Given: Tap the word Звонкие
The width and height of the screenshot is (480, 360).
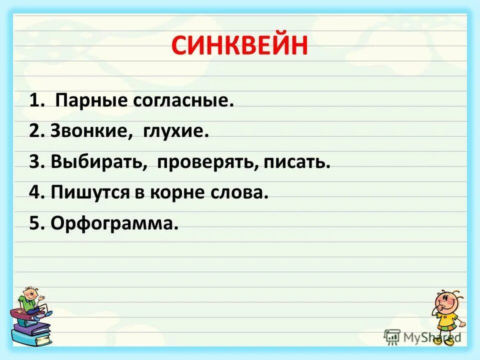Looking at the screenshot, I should pyautogui.click(x=87, y=132).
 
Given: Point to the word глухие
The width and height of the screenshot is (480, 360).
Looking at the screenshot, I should pyautogui.click(x=175, y=132).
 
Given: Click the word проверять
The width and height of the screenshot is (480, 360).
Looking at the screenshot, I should pyautogui.click(x=206, y=163).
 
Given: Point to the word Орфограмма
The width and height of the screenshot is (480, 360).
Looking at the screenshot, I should pyautogui.click(x=114, y=223).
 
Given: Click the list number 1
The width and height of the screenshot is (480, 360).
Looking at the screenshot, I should pyautogui.click(x=33, y=102).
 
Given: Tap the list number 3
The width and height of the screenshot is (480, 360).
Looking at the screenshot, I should pyautogui.click(x=33, y=162).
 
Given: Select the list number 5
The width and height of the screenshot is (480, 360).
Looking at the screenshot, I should pyautogui.click(x=33, y=223).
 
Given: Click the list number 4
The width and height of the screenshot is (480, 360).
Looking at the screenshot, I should pyautogui.click(x=33, y=192).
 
